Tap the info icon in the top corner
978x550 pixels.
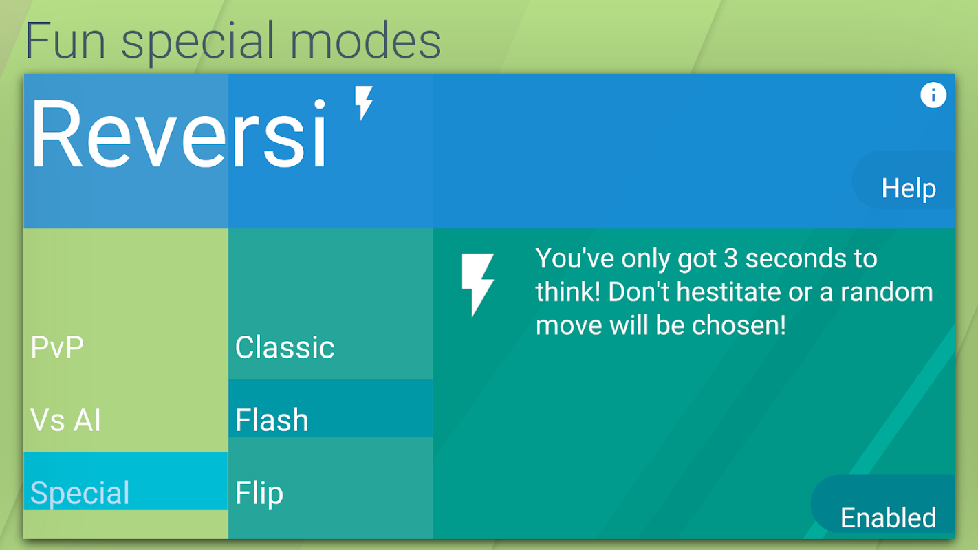click(x=933, y=95)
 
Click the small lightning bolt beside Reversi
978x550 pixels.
click(x=363, y=102)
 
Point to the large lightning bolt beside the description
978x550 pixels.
click(x=477, y=285)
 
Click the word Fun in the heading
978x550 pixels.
click(x=65, y=41)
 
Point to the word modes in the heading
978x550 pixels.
click(x=365, y=41)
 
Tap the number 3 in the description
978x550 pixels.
click(x=730, y=258)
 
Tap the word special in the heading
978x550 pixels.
click(x=197, y=43)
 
